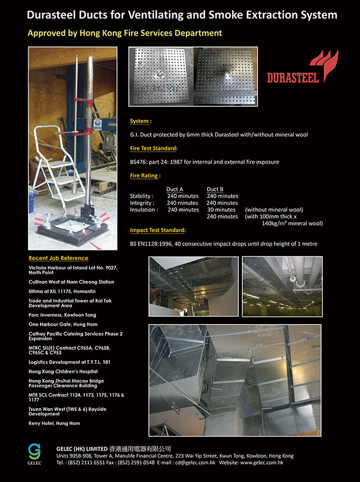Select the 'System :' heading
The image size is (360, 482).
(141, 121)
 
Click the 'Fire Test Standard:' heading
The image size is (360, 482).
(154, 148)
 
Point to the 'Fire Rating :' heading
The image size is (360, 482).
(145, 176)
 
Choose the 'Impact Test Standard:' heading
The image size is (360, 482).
(158, 230)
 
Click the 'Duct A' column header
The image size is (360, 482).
(175, 189)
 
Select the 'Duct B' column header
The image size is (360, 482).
(215, 189)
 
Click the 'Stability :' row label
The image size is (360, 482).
(142, 196)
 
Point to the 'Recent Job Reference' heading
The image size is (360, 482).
(58, 258)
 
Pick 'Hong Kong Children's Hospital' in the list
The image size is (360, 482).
(61, 372)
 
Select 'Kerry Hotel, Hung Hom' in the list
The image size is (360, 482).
(54, 423)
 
